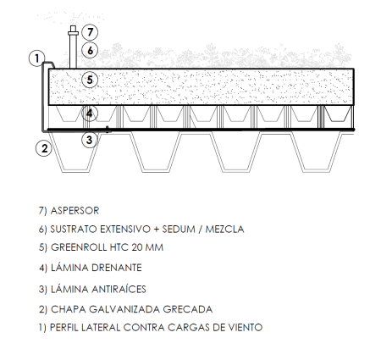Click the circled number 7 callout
point(90,32)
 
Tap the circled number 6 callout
point(90,51)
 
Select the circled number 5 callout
point(90,80)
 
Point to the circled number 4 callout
point(90,114)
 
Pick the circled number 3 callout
point(90,140)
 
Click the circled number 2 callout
point(44,148)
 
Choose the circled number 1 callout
point(37,58)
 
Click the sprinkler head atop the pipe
point(73,30)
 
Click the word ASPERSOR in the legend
point(75,211)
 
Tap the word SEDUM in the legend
point(179,229)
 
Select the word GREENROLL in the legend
point(79,247)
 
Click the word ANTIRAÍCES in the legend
point(119,289)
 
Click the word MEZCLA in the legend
point(224,229)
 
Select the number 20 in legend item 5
point(137,247)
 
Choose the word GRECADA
point(188,309)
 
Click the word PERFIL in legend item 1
point(64,328)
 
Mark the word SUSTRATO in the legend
point(74,229)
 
